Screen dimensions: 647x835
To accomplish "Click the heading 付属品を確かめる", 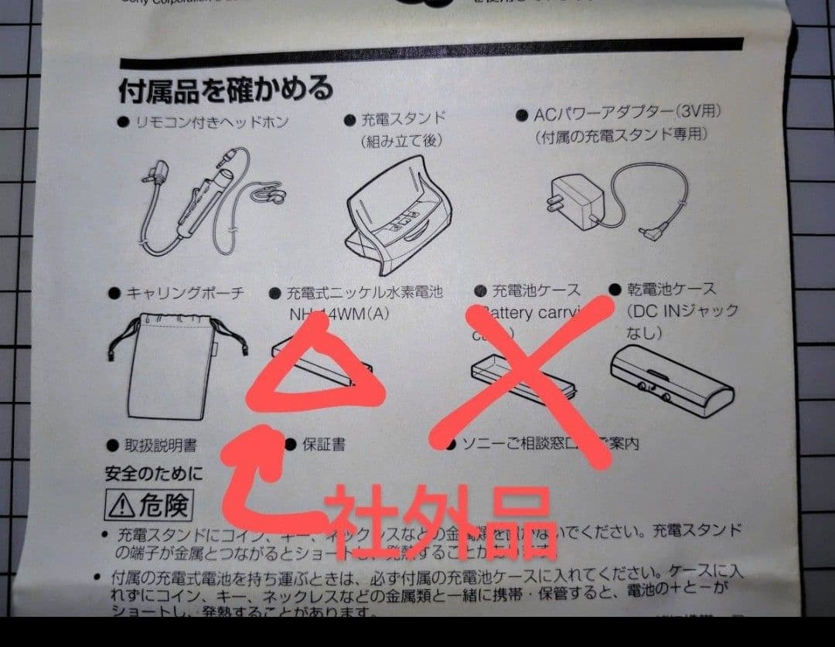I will tap(225, 89).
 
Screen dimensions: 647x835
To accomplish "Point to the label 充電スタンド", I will tap(404, 119).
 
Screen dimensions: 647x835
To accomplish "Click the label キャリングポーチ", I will tap(185, 293).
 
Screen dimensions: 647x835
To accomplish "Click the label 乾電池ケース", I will tap(670, 289).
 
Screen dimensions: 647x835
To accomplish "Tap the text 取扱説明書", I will tap(161, 445).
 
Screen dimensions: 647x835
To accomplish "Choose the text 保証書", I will tap(324, 445).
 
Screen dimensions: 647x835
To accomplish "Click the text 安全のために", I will tap(154, 473).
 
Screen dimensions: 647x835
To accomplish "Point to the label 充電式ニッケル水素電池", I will tap(364, 293).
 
